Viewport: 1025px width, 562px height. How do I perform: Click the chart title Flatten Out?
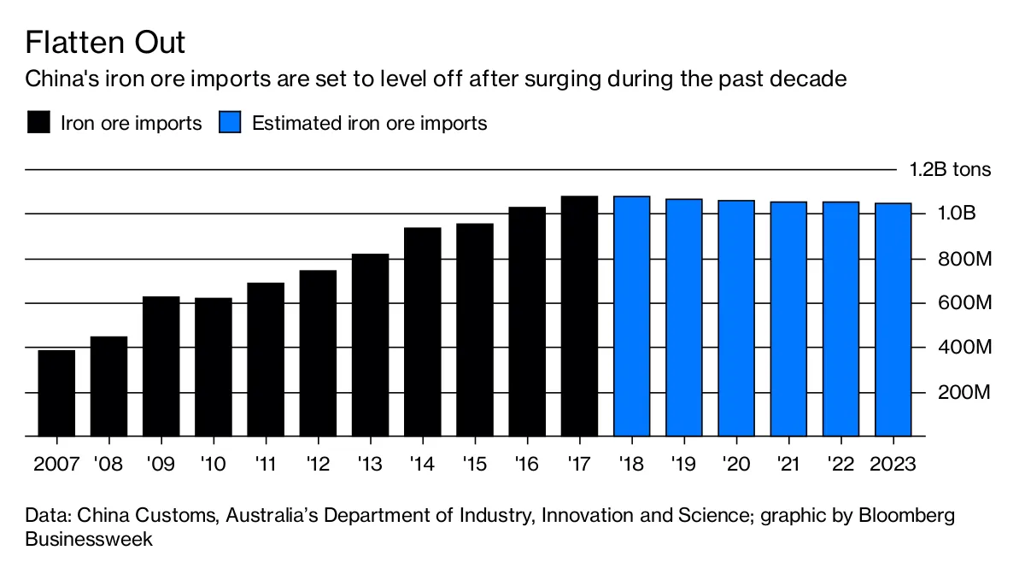105,43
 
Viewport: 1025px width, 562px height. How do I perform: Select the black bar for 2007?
56,393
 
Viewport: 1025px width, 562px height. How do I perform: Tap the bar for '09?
161,366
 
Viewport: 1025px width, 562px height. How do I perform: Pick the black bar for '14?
422,331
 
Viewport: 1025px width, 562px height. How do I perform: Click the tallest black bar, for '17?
579,316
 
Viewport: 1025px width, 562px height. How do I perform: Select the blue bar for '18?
632,316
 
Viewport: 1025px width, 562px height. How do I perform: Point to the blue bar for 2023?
893,319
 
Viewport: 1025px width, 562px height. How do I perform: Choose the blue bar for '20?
736,318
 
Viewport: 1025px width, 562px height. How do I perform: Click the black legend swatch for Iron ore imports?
38,122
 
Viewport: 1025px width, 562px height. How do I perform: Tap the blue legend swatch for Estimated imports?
230,122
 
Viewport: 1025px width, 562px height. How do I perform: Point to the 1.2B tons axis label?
950,170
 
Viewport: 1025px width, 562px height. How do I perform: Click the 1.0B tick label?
957,214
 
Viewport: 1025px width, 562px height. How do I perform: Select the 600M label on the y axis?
964,303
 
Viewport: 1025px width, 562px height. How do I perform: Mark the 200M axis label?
963,393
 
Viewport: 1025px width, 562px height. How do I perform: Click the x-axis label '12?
318,464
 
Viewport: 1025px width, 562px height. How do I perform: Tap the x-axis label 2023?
893,464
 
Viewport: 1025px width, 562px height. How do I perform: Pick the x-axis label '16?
527,464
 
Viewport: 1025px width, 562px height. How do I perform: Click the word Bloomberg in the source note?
907,516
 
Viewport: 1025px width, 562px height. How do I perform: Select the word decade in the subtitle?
809,79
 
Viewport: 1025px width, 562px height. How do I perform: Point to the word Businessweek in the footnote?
89,539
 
